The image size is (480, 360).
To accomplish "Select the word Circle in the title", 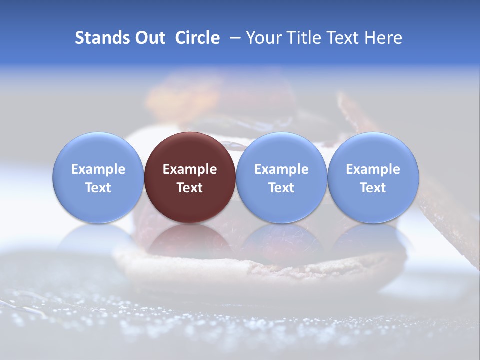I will pyautogui.click(x=197, y=38).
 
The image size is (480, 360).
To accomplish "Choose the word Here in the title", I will pyautogui.click(x=383, y=38).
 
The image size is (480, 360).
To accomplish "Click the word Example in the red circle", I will pyautogui.click(x=190, y=169).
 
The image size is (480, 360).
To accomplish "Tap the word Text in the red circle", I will pyautogui.click(x=190, y=188).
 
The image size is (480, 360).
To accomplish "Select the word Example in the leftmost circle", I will pyautogui.click(x=98, y=169).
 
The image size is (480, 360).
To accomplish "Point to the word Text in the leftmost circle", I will pyautogui.click(x=98, y=188).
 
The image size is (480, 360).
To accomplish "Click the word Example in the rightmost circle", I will pyautogui.click(x=373, y=169).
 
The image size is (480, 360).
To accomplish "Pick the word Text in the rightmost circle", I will pyautogui.click(x=373, y=188).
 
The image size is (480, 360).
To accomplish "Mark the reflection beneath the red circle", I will pyautogui.click(x=190, y=240).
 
